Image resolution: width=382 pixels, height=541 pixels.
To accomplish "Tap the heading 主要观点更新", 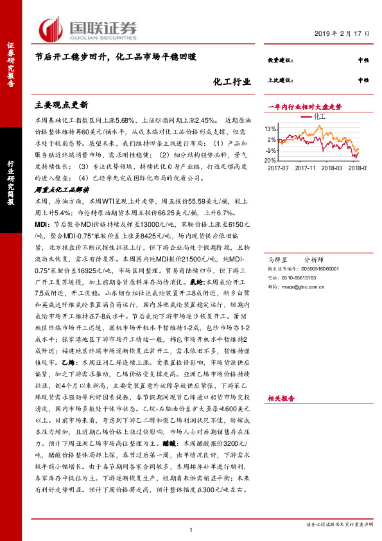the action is (61, 103).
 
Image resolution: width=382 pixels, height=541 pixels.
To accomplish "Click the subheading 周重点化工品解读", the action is (62, 190).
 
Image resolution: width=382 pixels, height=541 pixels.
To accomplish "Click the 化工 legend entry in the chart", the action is (320, 118).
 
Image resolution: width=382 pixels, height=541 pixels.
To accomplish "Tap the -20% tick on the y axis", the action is (270, 160).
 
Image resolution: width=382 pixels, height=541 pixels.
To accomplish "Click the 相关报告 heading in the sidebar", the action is (281, 398).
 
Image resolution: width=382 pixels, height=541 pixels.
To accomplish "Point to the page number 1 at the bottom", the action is (191, 529).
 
